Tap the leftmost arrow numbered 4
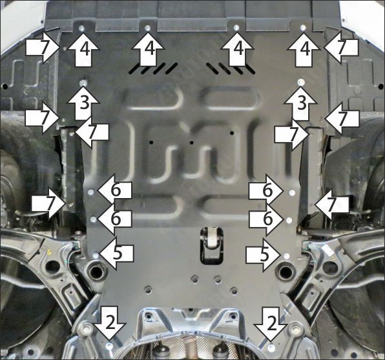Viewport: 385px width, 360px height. [81, 49]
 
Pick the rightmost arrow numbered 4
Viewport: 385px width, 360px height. [304, 49]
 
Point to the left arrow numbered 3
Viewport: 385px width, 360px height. [84, 102]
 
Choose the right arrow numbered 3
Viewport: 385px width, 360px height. [300, 102]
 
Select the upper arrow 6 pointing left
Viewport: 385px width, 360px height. [114, 191]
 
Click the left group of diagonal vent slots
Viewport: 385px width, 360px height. [152, 68]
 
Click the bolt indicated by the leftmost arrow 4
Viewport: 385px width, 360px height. [81, 28]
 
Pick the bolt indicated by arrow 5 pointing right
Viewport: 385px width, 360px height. [286, 254]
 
